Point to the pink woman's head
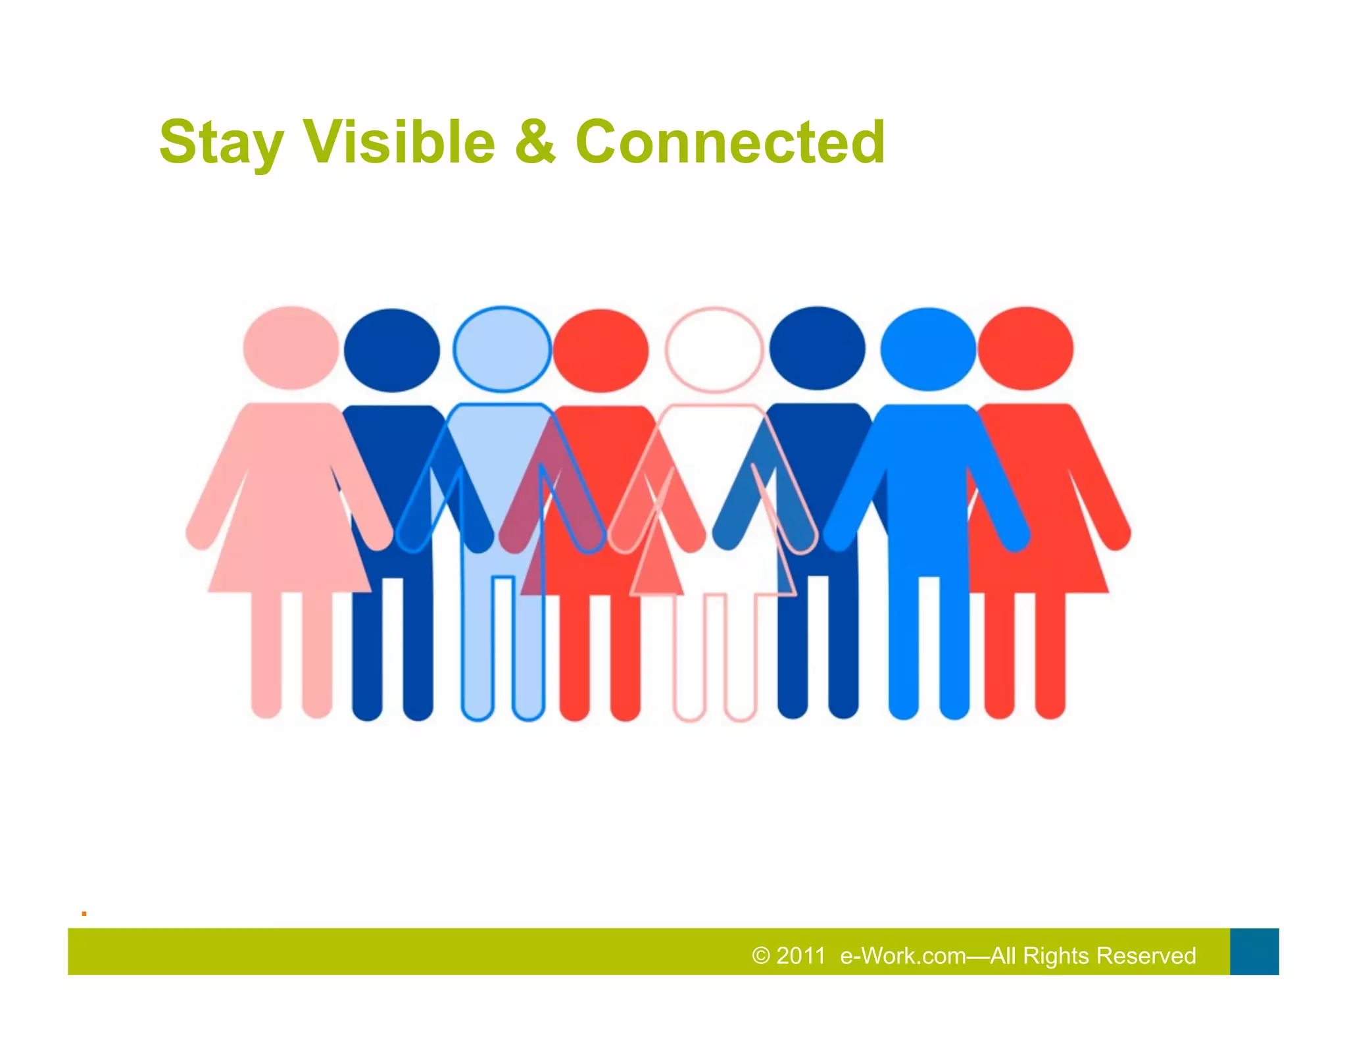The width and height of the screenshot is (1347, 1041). click(x=291, y=347)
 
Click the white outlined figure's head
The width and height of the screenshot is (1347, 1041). click(x=714, y=349)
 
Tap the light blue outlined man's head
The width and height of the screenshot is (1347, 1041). click(x=502, y=349)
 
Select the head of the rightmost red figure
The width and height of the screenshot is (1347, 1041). click(x=1025, y=349)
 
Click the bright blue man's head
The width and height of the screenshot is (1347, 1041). click(x=928, y=349)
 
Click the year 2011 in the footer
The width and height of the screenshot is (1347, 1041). click(x=800, y=955)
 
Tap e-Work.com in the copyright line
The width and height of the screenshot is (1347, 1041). click(x=903, y=955)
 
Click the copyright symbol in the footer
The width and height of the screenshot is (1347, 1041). click(x=761, y=955)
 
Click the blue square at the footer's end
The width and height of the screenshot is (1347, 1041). click(x=1254, y=952)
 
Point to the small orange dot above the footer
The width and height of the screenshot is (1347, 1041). click(x=84, y=913)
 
